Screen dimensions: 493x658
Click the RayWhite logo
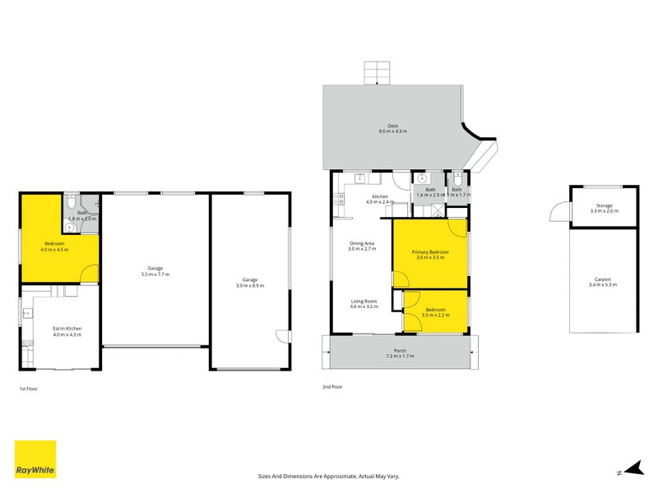35,459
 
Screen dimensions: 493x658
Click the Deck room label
392,128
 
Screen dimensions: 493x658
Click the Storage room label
603,209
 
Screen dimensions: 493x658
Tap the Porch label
400,354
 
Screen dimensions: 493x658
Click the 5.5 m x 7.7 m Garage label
155,270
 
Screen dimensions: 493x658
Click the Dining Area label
363,246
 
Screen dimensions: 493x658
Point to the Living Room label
363,303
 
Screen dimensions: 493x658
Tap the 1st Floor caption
28,389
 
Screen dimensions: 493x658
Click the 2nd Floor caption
332,386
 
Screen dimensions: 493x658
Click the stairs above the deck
377,73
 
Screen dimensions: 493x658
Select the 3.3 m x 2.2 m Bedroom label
434,312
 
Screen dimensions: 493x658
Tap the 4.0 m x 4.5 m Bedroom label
54,246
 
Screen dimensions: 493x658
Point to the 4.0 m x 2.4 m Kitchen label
380,199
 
